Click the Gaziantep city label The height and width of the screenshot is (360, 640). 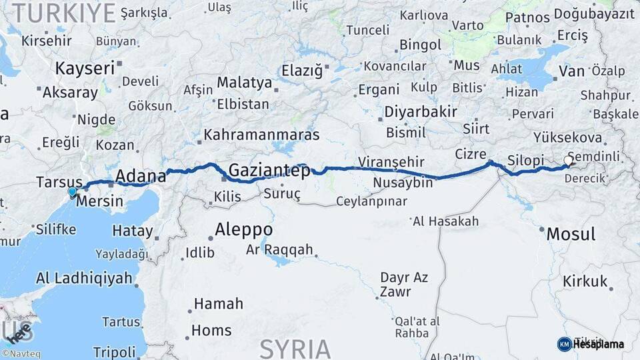click(269, 171)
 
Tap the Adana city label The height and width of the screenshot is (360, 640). click(140, 177)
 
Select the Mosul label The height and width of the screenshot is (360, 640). click(571, 234)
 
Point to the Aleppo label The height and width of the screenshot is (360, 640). click(243, 230)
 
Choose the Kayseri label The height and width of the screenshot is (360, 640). click(85, 69)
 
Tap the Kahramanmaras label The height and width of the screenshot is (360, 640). click(261, 135)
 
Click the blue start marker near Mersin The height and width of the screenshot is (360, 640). click(72, 192)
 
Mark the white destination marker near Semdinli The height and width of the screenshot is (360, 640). click(569, 161)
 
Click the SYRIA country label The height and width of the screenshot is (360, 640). click(295, 348)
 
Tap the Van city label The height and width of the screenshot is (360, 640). click(572, 71)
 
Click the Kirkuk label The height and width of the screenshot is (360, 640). click(585, 281)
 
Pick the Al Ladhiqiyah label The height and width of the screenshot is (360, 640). click(84, 278)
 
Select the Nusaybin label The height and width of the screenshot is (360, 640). click(403, 183)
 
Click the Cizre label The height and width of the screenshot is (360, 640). click(471, 154)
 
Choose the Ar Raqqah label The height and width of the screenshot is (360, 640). click(279, 249)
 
